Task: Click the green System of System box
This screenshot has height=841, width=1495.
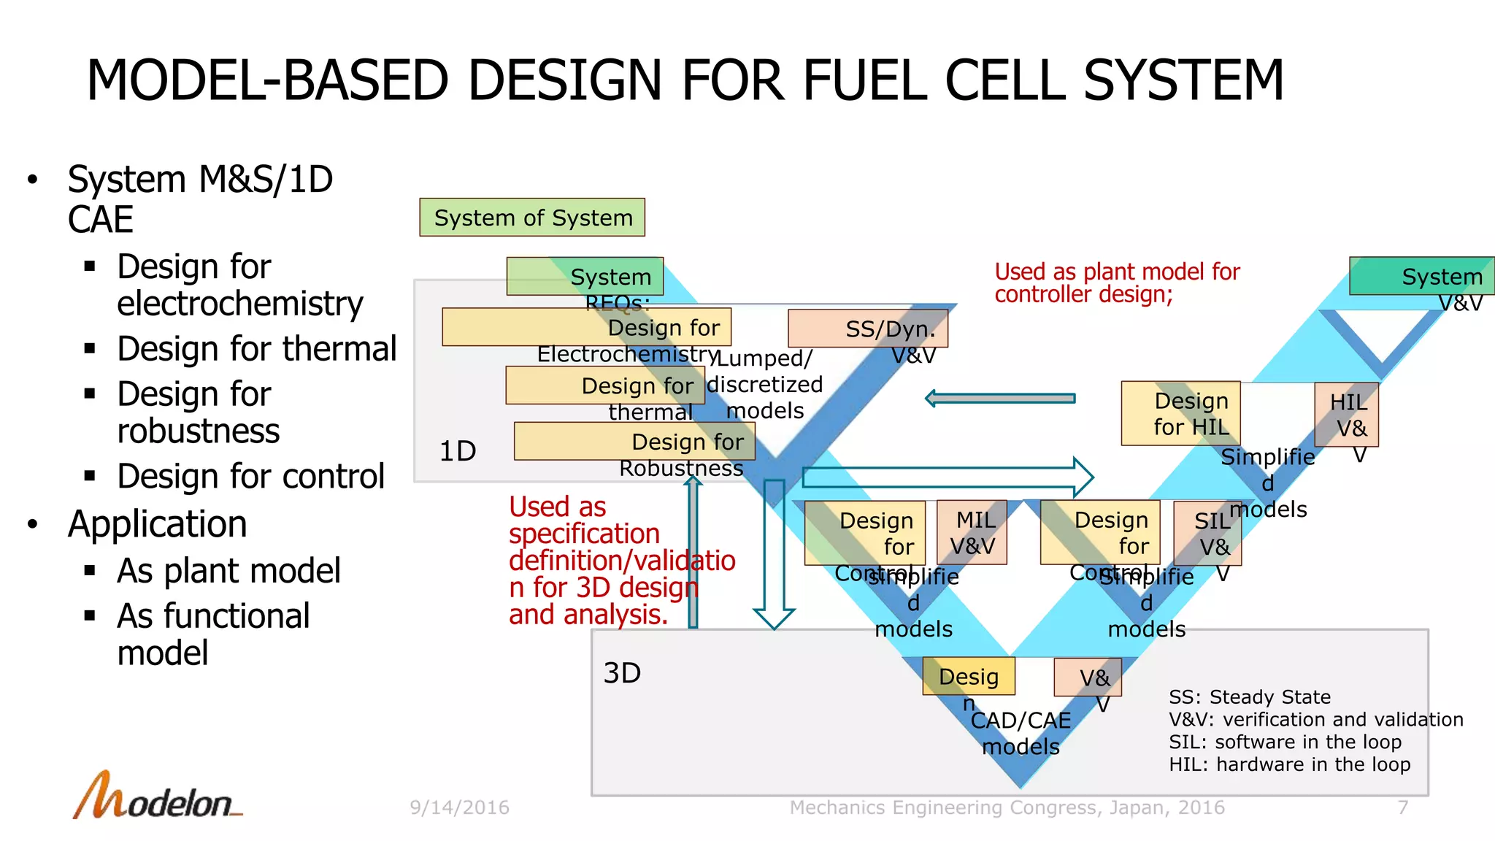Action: point(531,218)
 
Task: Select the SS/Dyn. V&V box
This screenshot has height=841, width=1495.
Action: point(868,329)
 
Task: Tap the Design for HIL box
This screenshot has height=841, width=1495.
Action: point(1180,413)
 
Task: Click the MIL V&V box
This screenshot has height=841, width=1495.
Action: point(972,532)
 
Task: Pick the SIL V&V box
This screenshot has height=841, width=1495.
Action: point(1207,533)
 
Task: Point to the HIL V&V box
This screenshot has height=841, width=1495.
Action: point(1346,415)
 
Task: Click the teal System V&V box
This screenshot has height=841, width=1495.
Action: point(1421,276)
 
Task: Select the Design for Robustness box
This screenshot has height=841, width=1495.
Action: point(634,442)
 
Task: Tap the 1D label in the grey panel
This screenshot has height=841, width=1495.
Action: point(458,451)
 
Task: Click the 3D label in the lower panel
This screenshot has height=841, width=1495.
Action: point(622,673)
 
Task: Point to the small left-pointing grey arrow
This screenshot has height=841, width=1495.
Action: point(1000,399)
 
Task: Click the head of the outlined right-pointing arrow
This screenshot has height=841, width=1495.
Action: point(1083,477)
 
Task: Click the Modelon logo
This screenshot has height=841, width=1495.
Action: point(157,797)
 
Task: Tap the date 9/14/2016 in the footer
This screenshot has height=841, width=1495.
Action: point(459,807)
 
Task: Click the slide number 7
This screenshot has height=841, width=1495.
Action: point(1402,807)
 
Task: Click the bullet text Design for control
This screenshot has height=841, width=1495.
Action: point(250,477)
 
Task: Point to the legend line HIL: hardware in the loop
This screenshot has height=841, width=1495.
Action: point(1289,764)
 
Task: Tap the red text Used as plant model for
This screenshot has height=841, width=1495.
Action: point(1117,272)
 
